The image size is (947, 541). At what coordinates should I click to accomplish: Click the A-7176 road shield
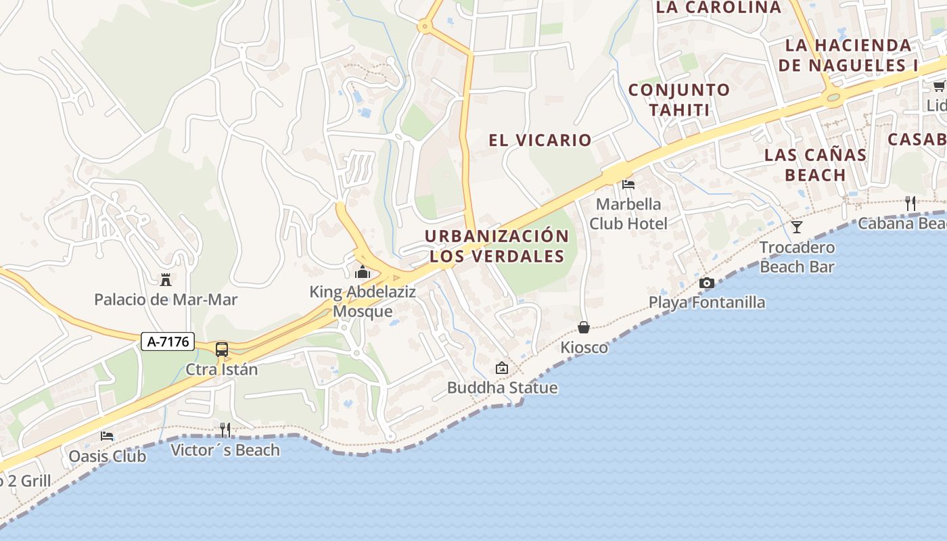point(168,342)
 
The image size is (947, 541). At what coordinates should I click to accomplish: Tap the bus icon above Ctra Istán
point(222,350)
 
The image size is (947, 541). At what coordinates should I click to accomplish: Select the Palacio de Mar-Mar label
point(166,300)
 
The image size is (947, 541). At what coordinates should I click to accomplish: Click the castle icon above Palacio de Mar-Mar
point(165,279)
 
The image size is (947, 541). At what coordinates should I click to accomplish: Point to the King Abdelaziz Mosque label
point(363,302)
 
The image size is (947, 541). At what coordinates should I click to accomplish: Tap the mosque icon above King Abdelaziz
point(363,273)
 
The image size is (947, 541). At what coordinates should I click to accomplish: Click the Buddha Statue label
point(502,387)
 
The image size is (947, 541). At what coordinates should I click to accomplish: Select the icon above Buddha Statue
point(502,369)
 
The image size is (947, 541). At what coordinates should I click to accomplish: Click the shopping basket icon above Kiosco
point(584,328)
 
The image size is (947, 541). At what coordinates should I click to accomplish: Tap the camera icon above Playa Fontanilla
point(707,283)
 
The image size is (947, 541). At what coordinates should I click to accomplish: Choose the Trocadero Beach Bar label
point(797,257)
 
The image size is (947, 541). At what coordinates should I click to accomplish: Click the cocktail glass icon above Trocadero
point(797,227)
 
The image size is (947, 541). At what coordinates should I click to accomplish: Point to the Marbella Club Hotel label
point(628,214)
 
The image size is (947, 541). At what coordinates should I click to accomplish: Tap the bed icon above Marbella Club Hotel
point(628,184)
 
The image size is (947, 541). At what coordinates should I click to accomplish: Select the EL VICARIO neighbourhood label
point(540,141)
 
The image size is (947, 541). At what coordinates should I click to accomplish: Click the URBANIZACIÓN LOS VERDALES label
point(497,246)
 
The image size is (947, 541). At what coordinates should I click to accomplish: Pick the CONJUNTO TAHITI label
point(678,100)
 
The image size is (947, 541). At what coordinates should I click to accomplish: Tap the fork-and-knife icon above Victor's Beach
point(225,429)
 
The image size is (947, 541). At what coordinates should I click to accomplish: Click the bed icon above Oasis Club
point(107,436)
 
